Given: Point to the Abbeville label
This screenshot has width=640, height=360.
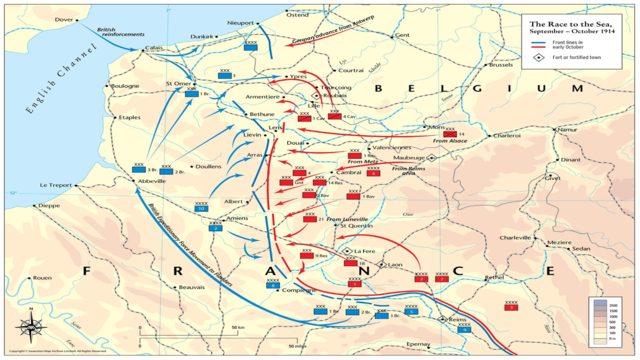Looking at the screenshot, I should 153,182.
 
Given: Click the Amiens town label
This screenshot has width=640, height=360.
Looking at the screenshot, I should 237,218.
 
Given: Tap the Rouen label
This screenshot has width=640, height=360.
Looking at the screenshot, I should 42,278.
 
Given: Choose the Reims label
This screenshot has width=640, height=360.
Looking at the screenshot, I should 458,320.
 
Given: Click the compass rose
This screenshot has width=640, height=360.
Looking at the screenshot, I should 30,327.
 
